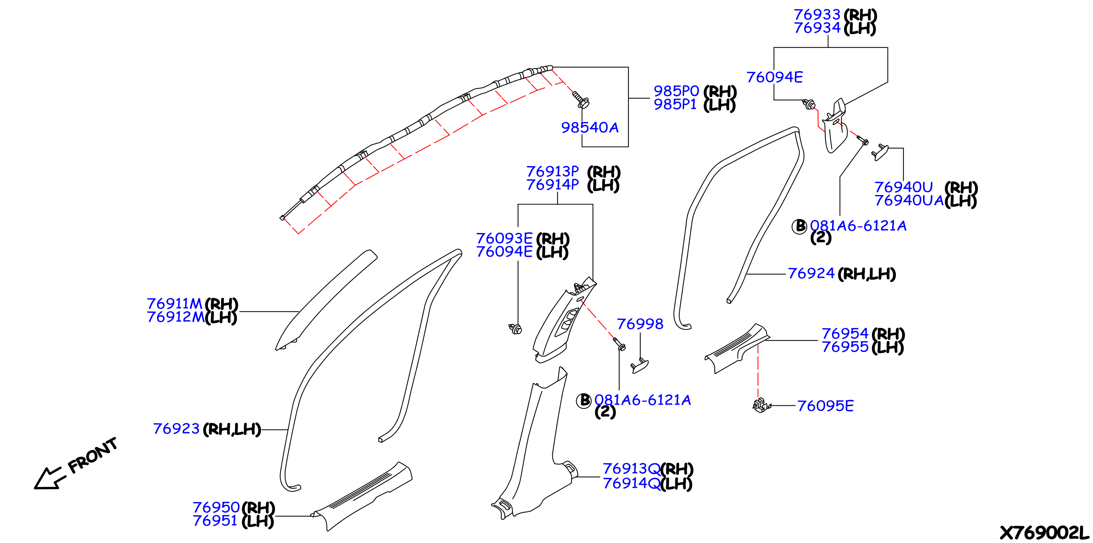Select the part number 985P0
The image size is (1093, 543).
click(676, 91)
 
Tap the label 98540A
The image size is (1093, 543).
click(589, 127)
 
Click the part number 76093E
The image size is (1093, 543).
click(504, 239)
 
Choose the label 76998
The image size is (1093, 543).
click(640, 324)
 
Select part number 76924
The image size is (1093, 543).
click(811, 273)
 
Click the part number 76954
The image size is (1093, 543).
click(845, 333)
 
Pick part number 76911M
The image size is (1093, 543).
click(174, 304)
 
